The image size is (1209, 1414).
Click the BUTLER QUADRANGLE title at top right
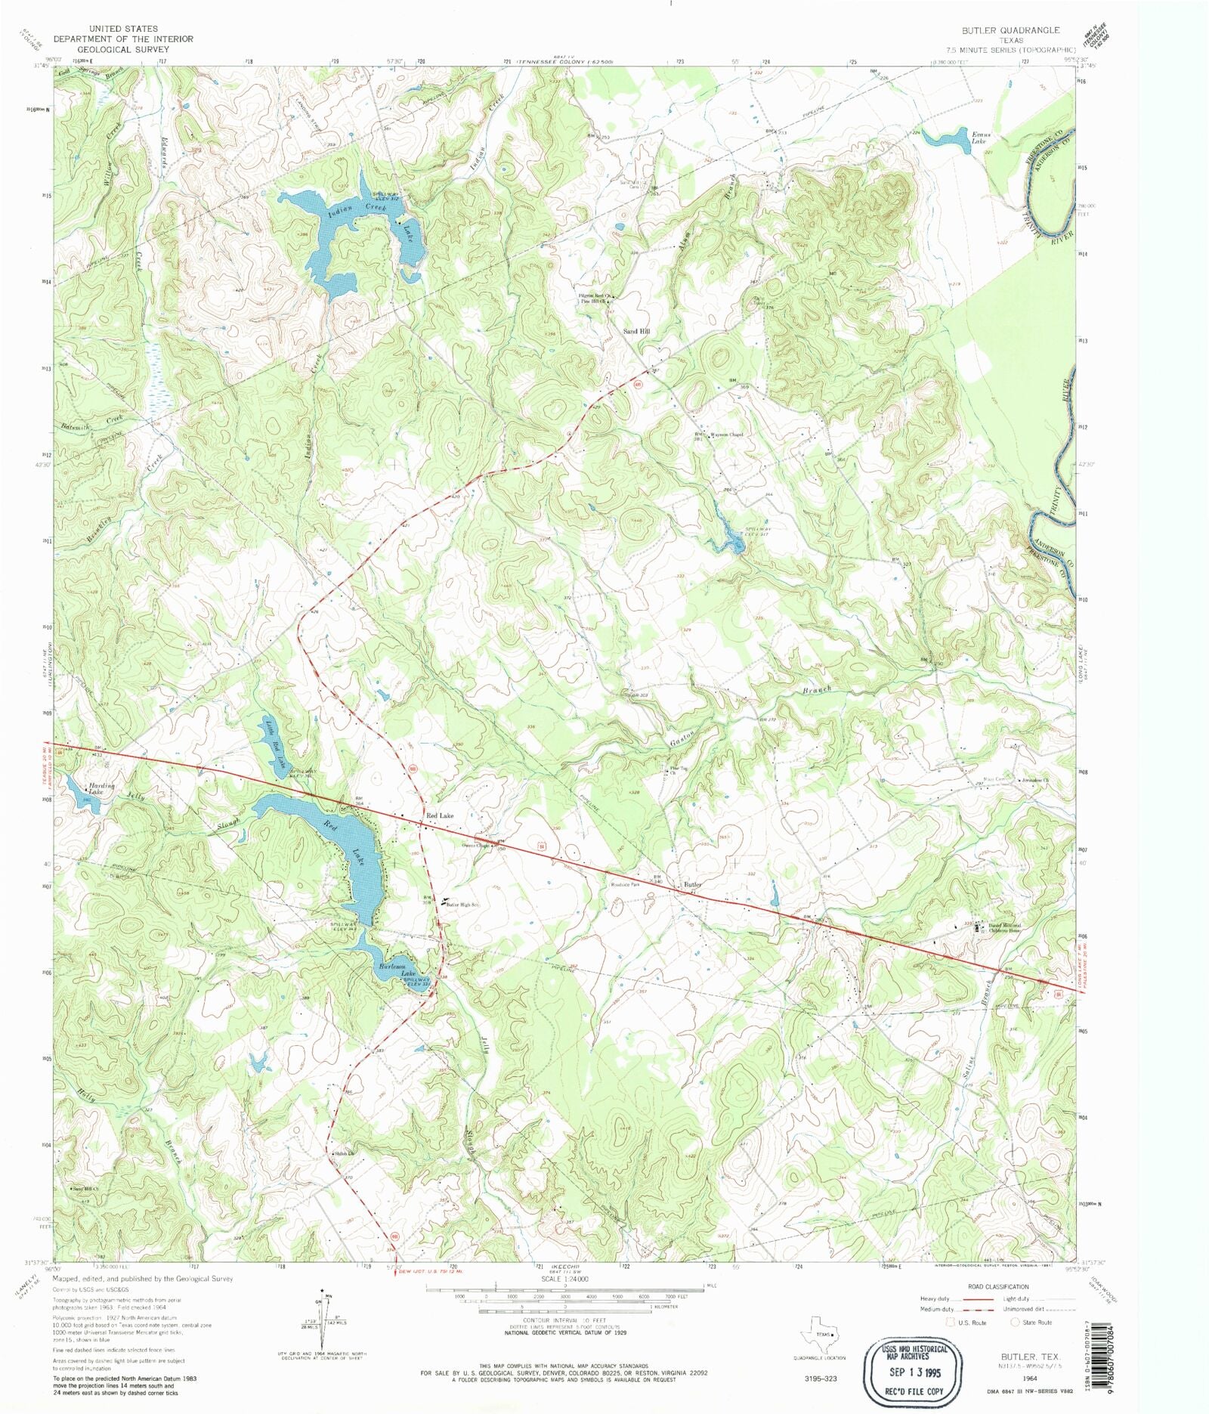1010,30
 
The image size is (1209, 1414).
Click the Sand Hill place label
635,331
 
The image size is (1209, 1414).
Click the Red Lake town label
440,815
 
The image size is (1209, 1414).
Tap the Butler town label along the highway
692,883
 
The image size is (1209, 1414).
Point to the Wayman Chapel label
728,435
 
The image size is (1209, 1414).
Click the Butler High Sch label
462,905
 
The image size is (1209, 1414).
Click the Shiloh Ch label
344,1153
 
